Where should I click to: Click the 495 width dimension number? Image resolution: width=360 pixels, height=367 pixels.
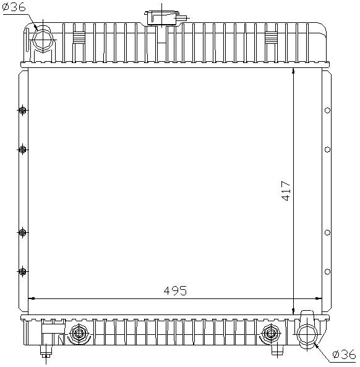click(x=175, y=291)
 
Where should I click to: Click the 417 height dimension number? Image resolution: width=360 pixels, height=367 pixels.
click(x=286, y=191)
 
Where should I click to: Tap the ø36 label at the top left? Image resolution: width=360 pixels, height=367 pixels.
click(x=14, y=7)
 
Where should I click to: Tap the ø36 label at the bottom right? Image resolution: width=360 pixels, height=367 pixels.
click(x=345, y=355)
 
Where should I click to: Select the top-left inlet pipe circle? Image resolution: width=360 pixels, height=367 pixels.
click(x=43, y=40)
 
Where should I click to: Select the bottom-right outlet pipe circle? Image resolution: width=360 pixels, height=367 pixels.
click(x=307, y=335)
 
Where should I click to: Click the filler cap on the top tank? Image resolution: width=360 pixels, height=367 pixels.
click(x=162, y=18)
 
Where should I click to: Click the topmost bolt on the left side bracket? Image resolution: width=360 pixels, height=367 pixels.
click(x=23, y=110)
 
